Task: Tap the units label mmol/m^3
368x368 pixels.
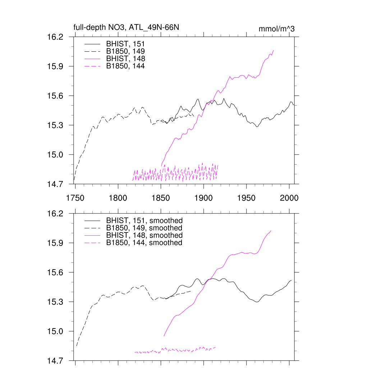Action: click(x=276, y=29)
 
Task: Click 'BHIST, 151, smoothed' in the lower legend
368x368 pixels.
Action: click(x=144, y=220)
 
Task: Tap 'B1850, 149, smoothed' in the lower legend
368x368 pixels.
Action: click(x=144, y=228)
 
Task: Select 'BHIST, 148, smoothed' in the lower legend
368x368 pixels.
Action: click(x=144, y=235)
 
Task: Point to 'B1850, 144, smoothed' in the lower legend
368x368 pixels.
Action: click(x=144, y=243)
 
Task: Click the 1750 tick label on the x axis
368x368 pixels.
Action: click(x=75, y=198)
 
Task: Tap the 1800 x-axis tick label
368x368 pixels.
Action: click(x=118, y=198)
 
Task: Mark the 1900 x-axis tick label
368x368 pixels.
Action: click(x=204, y=198)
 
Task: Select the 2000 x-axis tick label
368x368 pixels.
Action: click(x=289, y=198)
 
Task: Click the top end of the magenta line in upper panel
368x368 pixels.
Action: click(x=273, y=50)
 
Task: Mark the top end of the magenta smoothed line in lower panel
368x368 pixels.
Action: click(x=271, y=231)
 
